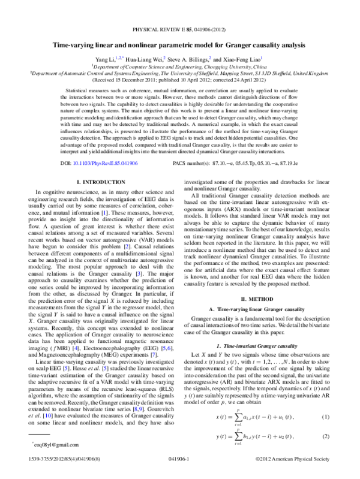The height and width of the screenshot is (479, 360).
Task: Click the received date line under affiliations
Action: click(x=179, y=79)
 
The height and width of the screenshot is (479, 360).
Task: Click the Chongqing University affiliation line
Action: click(x=179, y=67)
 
